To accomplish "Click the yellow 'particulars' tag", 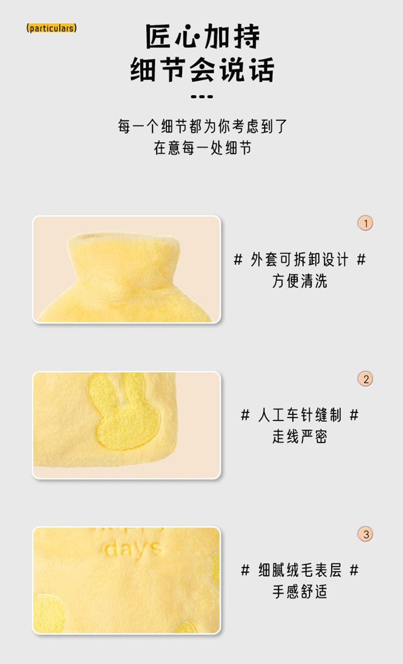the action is pyautogui.click(x=52, y=28).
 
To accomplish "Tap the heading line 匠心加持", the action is pyautogui.click(x=203, y=36).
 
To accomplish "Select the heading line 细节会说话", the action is pyautogui.click(x=203, y=69).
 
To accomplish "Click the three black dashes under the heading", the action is pyautogui.click(x=202, y=97).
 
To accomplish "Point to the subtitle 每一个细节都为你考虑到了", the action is pyautogui.click(x=203, y=126).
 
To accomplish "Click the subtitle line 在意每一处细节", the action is pyautogui.click(x=203, y=147).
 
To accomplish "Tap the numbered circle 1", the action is pyautogui.click(x=365, y=223).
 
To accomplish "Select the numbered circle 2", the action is pyautogui.click(x=365, y=379).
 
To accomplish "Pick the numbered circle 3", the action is pyautogui.click(x=365, y=534).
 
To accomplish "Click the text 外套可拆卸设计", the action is pyautogui.click(x=299, y=259).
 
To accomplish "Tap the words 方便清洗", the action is pyautogui.click(x=299, y=281).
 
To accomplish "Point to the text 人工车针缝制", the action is pyautogui.click(x=299, y=415).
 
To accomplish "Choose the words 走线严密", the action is pyautogui.click(x=299, y=436).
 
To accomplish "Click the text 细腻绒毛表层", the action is pyautogui.click(x=299, y=571).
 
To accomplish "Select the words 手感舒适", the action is pyautogui.click(x=299, y=591).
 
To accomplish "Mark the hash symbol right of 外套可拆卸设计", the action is pyautogui.click(x=361, y=259).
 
